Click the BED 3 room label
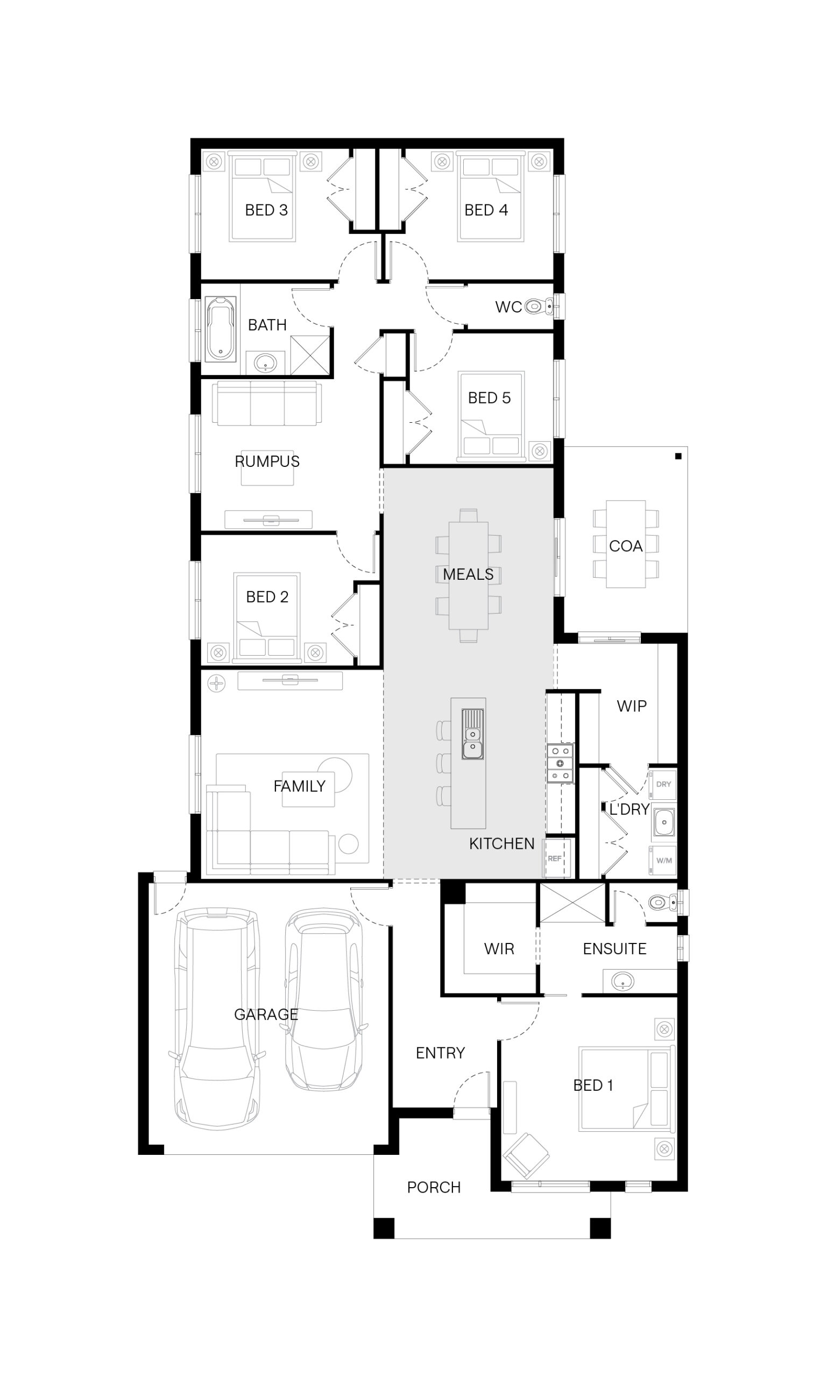(x=266, y=210)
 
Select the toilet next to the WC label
(x=539, y=306)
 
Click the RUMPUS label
(x=267, y=461)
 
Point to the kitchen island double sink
(x=472, y=734)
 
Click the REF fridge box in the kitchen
(x=555, y=858)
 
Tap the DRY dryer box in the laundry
(x=663, y=784)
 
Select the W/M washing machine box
(x=663, y=861)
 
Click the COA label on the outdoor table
(x=626, y=546)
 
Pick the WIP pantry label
(x=632, y=706)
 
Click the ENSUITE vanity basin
(x=622, y=981)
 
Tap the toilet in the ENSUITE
(x=663, y=902)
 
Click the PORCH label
(x=434, y=1187)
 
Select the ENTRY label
(x=440, y=1053)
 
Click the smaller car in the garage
(x=323, y=999)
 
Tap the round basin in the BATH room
(x=266, y=363)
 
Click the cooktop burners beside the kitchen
(x=560, y=763)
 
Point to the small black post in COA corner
(x=678, y=456)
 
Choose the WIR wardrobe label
(x=499, y=949)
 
